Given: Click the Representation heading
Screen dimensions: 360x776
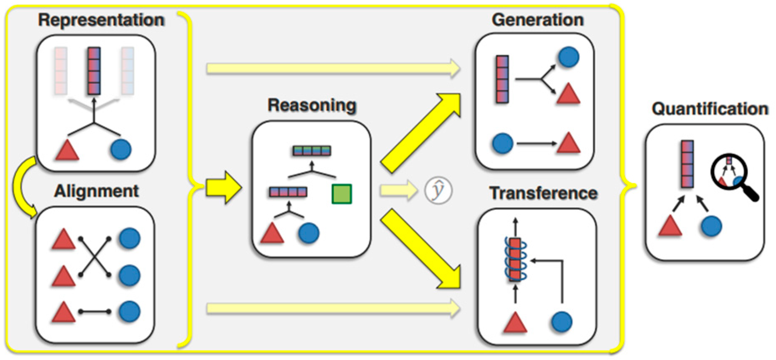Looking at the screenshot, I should [x=101, y=20].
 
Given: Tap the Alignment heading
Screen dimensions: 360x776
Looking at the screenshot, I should [x=96, y=191].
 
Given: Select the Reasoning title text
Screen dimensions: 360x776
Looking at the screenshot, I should [x=312, y=105].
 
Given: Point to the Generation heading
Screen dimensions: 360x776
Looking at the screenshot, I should [x=537, y=20].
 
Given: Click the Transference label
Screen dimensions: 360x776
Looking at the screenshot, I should [x=543, y=193].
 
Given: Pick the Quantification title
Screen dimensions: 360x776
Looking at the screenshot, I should [x=710, y=109].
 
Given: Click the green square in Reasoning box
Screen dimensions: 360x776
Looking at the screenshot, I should [x=342, y=194].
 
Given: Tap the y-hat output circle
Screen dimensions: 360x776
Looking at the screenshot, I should [x=438, y=190].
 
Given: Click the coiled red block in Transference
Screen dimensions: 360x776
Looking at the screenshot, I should [x=515, y=260].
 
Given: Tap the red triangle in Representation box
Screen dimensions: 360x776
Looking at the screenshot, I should [x=68, y=150].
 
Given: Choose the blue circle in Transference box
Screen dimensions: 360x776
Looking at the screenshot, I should [x=561, y=322].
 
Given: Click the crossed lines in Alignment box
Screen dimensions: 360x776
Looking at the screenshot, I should [x=95, y=257].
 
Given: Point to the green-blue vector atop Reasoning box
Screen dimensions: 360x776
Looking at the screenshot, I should [x=312, y=151].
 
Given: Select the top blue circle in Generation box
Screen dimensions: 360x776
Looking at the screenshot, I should [x=568, y=57].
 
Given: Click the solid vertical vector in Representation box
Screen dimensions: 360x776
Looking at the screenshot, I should [x=94, y=71].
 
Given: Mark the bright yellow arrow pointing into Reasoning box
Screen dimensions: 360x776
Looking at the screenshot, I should [x=224, y=187].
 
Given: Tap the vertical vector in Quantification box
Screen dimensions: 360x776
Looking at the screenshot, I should [x=687, y=164].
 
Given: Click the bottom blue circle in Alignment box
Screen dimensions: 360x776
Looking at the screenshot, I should [x=130, y=311].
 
